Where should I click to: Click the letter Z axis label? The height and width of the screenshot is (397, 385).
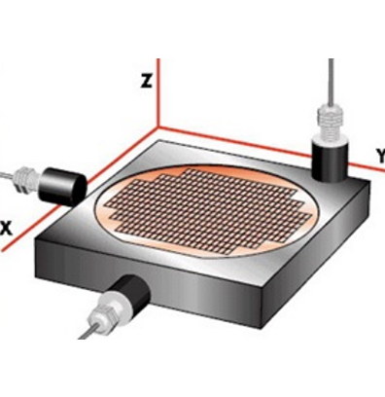point(147,81)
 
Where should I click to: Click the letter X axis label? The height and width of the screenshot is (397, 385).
point(6,228)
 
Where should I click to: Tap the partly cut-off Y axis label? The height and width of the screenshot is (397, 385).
point(381,156)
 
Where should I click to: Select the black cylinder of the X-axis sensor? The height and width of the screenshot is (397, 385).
point(61,186)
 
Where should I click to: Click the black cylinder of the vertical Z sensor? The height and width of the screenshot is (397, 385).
point(330,160)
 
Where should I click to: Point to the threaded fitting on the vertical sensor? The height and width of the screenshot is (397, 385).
point(330,125)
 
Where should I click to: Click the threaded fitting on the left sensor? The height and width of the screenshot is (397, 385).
point(26,178)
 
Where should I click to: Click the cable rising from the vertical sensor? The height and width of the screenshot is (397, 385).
point(331,84)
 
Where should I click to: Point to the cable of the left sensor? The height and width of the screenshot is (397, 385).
point(8,175)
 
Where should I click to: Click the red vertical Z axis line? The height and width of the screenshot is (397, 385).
point(158,92)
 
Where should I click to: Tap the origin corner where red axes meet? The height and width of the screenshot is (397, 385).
point(158,127)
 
